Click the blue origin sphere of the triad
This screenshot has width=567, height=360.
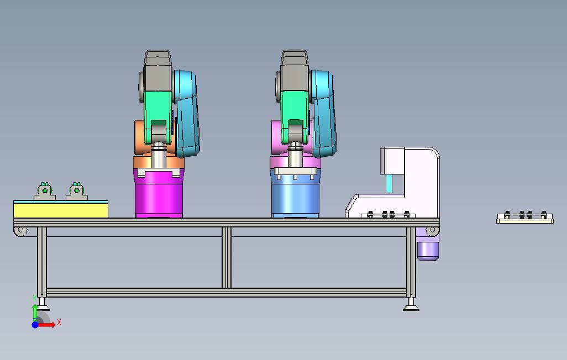pyautogui.click(x=35, y=325)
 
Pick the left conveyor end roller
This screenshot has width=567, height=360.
pyautogui.click(x=20, y=230)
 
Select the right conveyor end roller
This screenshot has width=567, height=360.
pyautogui.click(x=432, y=230)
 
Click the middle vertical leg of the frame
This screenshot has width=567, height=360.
pyautogui.click(x=227, y=258)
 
